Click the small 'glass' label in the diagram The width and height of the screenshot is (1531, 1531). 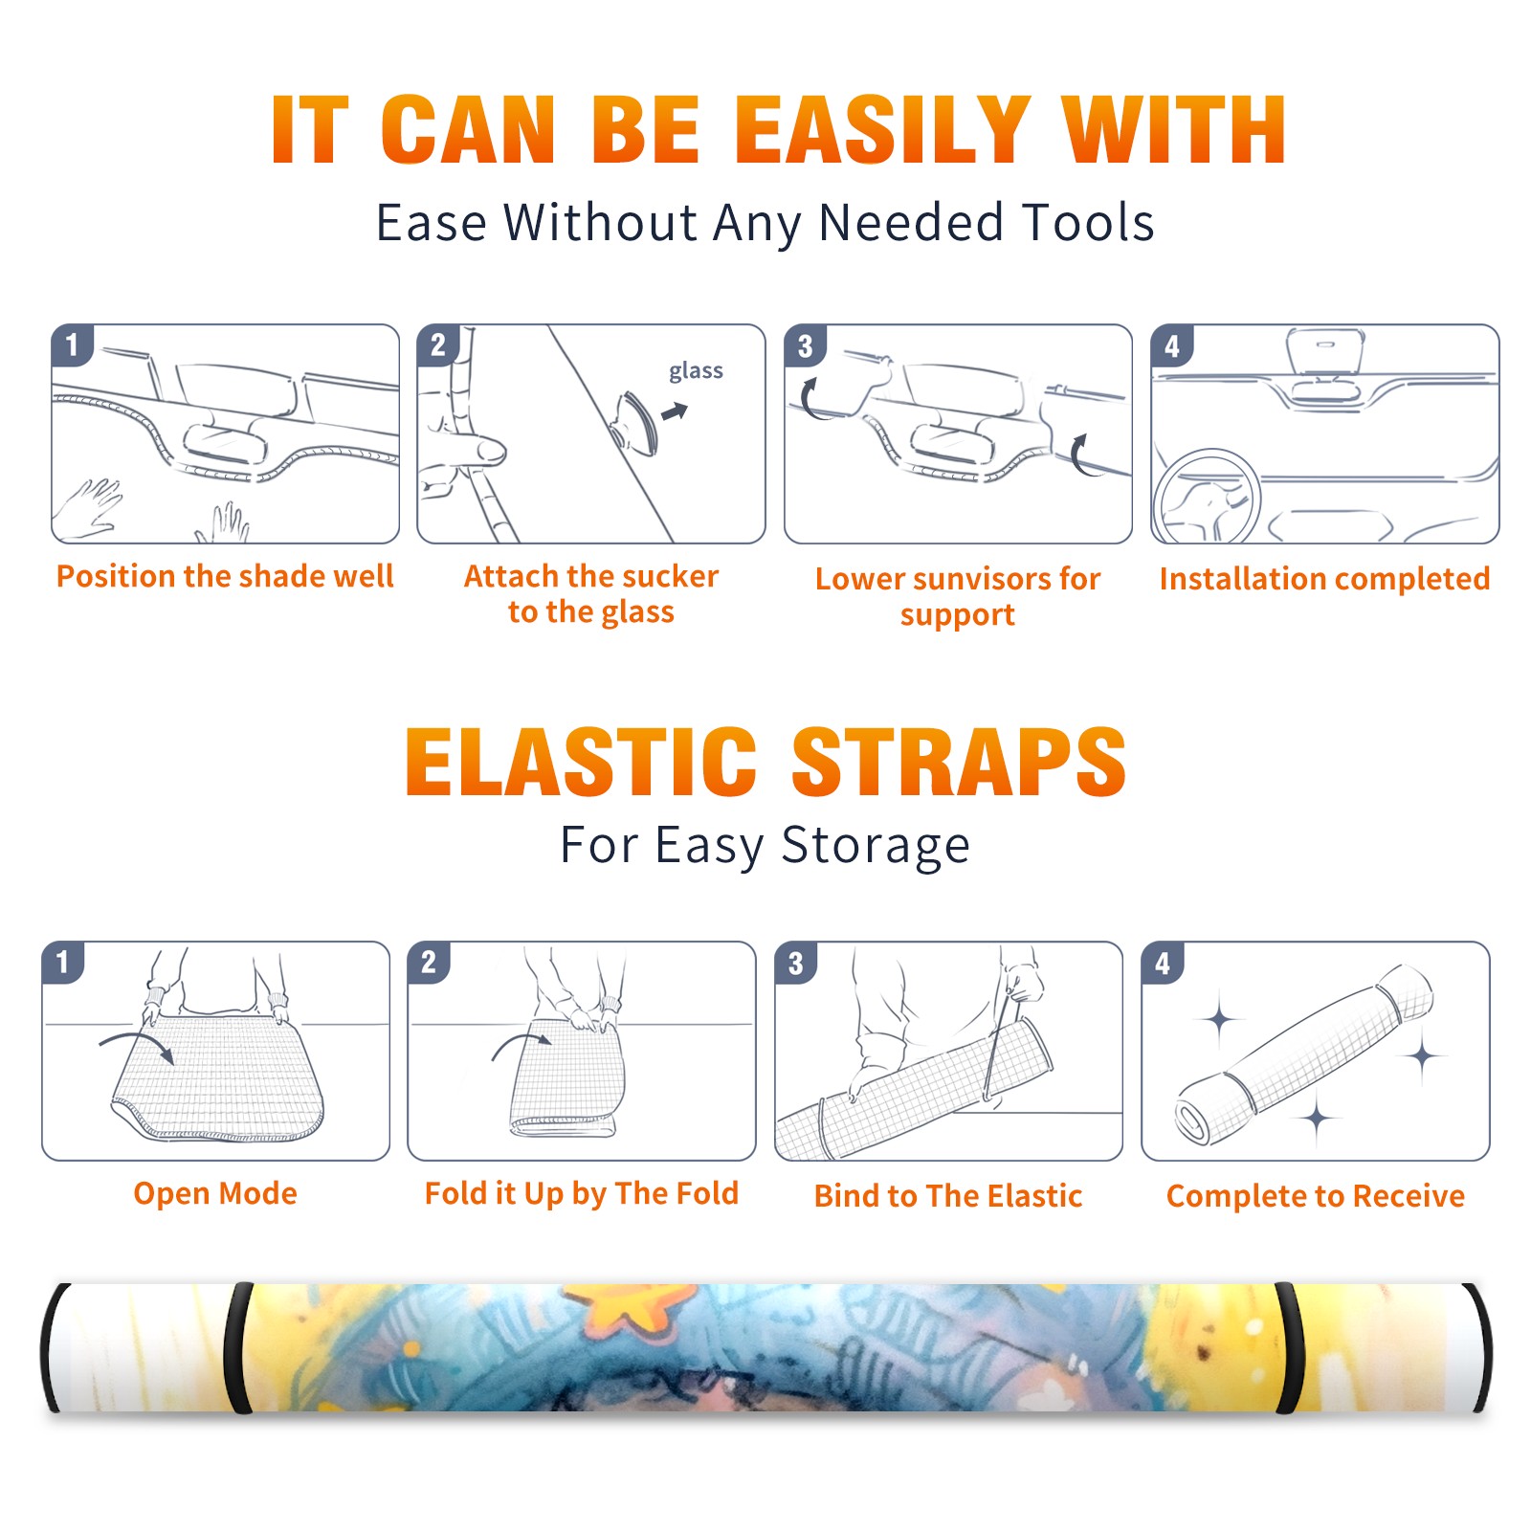(696, 371)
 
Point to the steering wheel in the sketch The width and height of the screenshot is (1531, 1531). (1207, 498)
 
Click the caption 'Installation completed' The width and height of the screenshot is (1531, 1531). (1324, 579)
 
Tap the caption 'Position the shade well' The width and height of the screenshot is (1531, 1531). (225, 576)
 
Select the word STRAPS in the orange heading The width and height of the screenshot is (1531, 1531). (959, 762)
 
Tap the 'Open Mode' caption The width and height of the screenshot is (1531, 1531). (215, 1193)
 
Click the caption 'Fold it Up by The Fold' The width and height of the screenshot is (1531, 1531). (582, 1193)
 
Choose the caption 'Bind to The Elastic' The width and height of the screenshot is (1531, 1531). (948, 1196)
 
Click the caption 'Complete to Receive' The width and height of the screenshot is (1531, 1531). (1316, 1196)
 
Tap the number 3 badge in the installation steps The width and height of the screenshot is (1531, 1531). (805, 346)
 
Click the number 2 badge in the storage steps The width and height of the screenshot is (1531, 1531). (428, 962)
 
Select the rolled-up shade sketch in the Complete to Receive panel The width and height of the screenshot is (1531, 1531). (1305, 1054)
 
